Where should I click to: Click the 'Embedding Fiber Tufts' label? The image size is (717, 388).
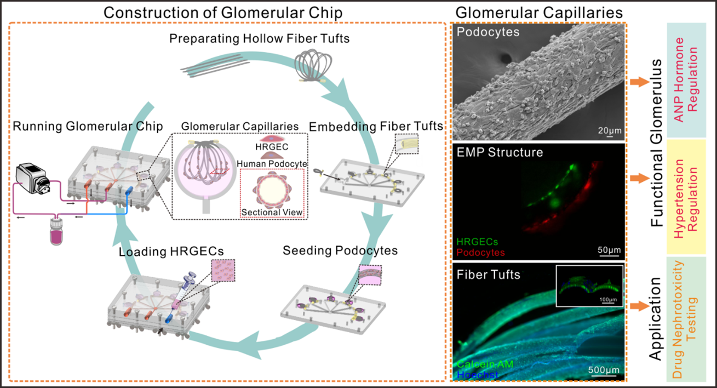point(376,127)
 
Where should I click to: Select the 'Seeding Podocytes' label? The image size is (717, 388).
point(340,250)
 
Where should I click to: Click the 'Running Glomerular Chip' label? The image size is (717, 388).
point(88,127)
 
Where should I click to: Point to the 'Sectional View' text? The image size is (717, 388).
point(273,212)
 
